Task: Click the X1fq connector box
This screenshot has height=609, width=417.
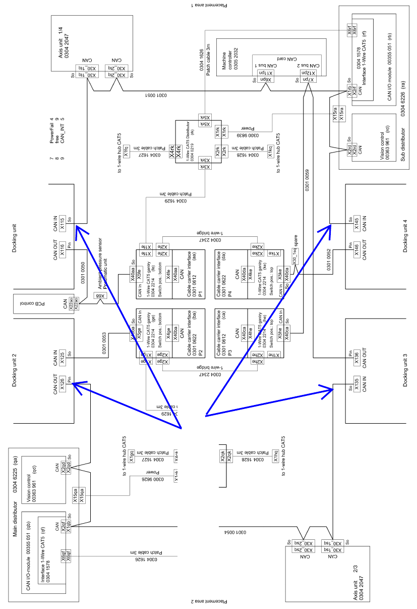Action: coord(127,149)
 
